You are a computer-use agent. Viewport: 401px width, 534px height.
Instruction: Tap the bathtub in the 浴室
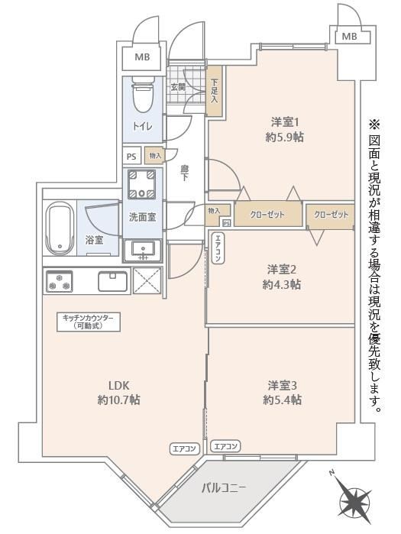(60, 228)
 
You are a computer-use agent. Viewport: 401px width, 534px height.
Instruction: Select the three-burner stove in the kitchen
(60, 281)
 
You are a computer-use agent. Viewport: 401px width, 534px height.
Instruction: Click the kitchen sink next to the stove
(113, 281)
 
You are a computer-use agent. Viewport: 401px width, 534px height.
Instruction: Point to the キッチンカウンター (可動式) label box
(89, 322)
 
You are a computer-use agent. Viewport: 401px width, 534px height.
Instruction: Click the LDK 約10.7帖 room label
(118, 393)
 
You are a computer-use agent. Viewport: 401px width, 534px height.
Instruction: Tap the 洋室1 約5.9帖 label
(285, 129)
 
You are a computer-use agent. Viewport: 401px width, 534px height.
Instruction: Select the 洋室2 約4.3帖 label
(282, 277)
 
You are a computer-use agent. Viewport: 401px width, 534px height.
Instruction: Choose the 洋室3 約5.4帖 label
(282, 393)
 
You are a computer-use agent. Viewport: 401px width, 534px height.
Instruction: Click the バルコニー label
(224, 488)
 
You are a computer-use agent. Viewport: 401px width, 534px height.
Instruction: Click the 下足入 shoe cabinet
(215, 90)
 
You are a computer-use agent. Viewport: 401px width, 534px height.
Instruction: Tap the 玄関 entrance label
(178, 86)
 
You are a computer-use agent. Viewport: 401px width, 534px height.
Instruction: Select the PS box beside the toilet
(131, 157)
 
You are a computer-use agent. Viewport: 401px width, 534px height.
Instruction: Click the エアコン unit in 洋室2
(218, 248)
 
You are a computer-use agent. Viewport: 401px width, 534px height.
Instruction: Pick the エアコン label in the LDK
(184, 448)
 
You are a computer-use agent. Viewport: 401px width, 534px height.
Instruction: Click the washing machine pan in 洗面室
(141, 184)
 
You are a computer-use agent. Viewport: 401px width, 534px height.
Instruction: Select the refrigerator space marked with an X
(147, 280)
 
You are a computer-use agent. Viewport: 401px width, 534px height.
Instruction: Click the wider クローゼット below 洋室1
(268, 215)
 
